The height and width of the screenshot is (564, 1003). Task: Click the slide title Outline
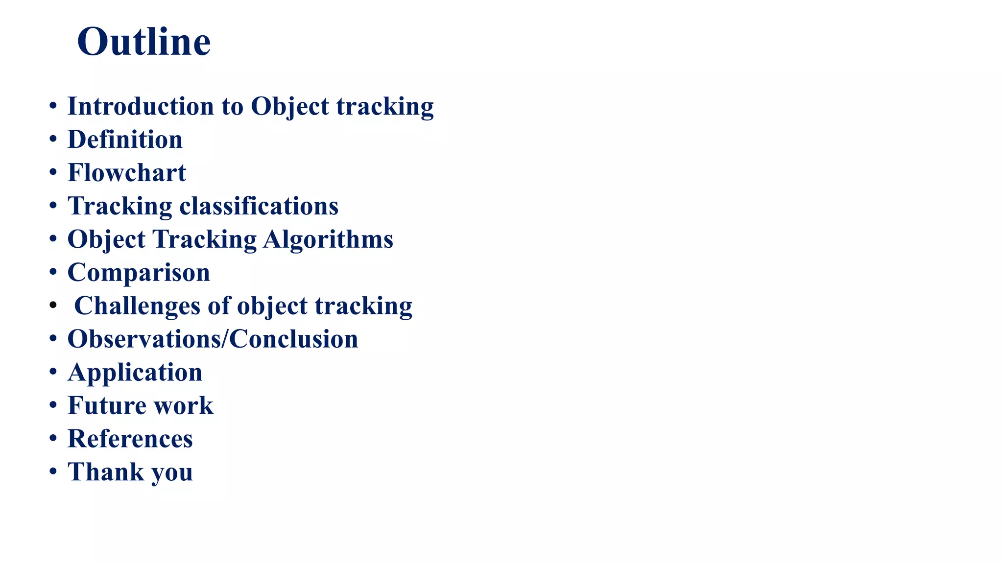coord(143,42)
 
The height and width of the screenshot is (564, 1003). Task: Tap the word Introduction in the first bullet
coord(141,106)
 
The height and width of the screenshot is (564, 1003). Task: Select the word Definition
coord(125,140)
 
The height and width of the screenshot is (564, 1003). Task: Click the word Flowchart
coord(127,173)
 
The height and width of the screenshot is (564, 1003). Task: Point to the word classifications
coord(259,206)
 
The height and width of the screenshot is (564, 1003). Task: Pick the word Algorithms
coord(328,239)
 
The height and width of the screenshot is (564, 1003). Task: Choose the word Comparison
coord(139,273)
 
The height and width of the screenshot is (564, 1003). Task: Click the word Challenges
coord(137,306)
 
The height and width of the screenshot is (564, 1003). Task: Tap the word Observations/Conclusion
coord(213,339)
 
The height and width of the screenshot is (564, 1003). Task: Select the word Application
coord(135,373)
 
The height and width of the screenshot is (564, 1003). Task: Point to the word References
coord(130,439)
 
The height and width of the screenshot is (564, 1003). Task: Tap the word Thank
coord(106,472)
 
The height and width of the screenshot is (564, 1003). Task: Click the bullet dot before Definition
coord(53,140)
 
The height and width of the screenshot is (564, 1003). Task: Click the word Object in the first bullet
coord(290,106)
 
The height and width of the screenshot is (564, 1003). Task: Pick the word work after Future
coord(183,406)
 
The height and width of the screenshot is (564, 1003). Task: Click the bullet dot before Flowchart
coord(53,173)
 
